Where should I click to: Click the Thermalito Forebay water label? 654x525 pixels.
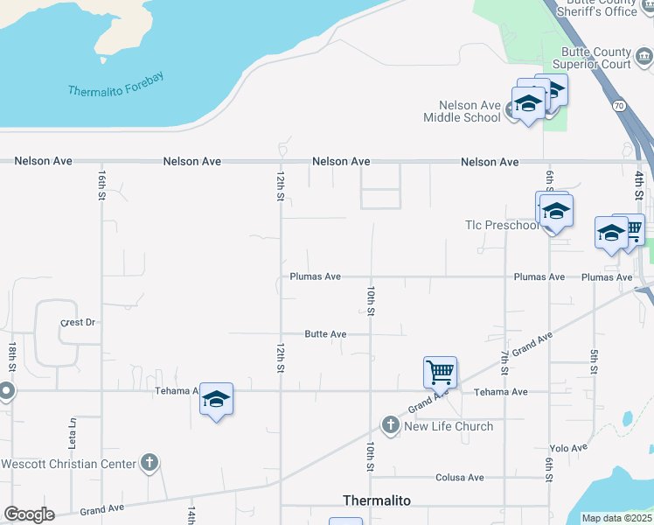coord(116,84)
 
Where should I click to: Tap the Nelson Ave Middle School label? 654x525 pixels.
coord(463,111)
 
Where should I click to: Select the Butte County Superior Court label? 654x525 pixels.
coord(596,59)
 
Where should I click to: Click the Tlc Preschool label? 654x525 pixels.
coord(501,225)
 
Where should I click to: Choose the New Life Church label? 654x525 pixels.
coord(448,426)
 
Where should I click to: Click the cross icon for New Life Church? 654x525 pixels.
coord(390,426)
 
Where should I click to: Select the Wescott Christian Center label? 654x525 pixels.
coord(68,464)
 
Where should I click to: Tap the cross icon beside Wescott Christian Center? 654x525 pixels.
coord(150,463)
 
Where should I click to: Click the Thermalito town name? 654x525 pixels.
coord(377,500)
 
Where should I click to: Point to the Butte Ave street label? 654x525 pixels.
coord(325,334)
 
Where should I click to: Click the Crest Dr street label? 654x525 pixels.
coord(77,322)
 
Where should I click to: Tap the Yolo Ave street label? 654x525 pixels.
coord(569,448)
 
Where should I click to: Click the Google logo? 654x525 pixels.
coord(29,514)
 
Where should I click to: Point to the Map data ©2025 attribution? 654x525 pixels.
coord(616,518)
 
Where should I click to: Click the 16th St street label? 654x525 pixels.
coord(102,185)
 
